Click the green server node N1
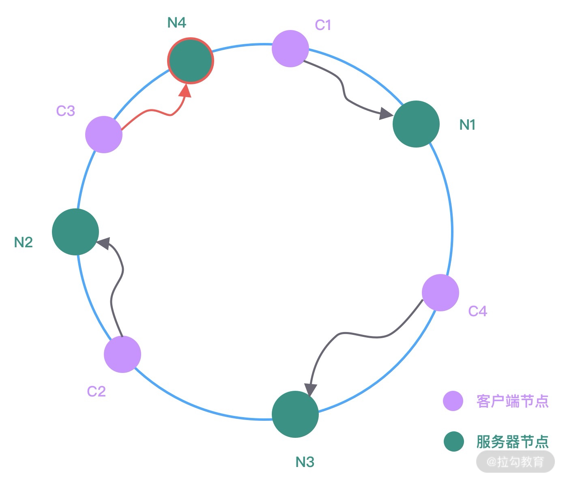pyautogui.click(x=416, y=124)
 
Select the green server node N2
pyautogui.click(x=75, y=232)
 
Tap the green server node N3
pyautogui.click(x=295, y=414)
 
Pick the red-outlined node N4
pyautogui.click(x=190, y=61)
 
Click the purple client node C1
pyautogui.click(x=290, y=48)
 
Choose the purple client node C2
pyautogui.click(x=122, y=354)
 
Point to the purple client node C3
pyautogui.click(x=103, y=135)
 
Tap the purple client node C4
pyautogui.click(x=440, y=293)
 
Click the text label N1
pyautogui.click(x=467, y=125)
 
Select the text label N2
pyautogui.click(x=23, y=242)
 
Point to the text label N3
pyautogui.click(x=305, y=462)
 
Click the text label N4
pyautogui.click(x=176, y=23)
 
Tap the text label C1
pyautogui.click(x=323, y=25)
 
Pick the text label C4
pyautogui.click(x=477, y=311)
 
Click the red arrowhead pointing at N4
pyautogui.click(x=186, y=91)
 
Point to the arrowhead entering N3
pyautogui.click(x=310, y=390)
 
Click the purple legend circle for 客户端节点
pyautogui.click(x=453, y=401)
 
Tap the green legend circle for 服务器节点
pyautogui.click(x=453, y=441)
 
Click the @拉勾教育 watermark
pyautogui.click(x=515, y=462)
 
